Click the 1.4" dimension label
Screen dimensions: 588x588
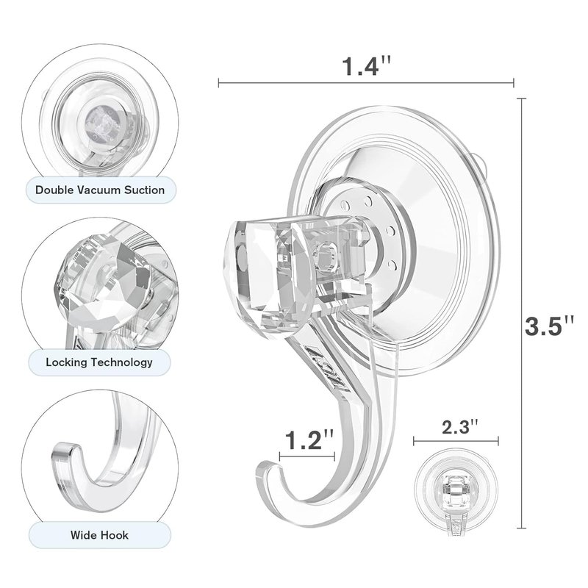pyautogui.click(x=366, y=66)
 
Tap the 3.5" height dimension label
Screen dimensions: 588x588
pyautogui.click(x=549, y=326)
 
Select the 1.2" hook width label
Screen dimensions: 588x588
pyautogui.click(x=309, y=440)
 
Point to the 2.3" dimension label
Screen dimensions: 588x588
pyautogui.click(x=460, y=427)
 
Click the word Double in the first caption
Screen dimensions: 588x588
pyautogui.click(x=54, y=190)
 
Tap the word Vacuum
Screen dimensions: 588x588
pyautogui.click(x=99, y=190)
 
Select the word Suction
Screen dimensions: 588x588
pyautogui.click(x=145, y=190)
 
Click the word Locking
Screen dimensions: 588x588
pyautogui.click(x=66, y=362)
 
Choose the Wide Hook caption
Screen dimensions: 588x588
pyautogui.click(x=99, y=535)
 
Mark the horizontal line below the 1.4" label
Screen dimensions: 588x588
pyautogui.click(x=366, y=83)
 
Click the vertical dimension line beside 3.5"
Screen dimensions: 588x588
pyautogui.click(x=521, y=313)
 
